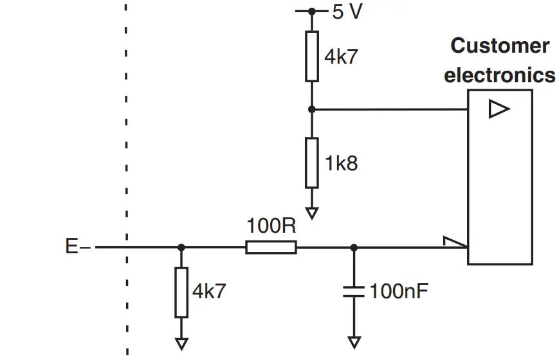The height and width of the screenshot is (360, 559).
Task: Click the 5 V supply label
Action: [x=347, y=12]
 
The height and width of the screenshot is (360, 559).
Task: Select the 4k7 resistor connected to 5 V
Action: [x=312, y=56]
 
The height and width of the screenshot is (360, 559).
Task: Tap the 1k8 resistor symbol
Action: [x=312, y=163]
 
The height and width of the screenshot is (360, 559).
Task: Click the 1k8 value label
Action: [x=341, y=163]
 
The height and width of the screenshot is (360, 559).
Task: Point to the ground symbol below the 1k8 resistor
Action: [x=312, y=212]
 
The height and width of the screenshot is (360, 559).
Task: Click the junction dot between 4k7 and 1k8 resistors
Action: [x=312, y=109]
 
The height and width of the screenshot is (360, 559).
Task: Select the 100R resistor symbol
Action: [x=271, y=247]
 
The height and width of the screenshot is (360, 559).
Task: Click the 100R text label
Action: [x=271, y=226]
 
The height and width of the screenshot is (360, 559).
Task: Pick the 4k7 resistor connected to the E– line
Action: [x=181, y=292]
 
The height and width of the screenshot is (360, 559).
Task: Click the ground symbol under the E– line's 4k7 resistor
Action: [x=181, y=343]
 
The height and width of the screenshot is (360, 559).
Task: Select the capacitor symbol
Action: [x=354, y=291]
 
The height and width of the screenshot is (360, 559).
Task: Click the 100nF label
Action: [x=399, y=291]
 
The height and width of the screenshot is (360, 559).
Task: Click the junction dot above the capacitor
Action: [x=354, y=247]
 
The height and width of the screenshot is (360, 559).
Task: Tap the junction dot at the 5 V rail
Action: [x=312, y=11]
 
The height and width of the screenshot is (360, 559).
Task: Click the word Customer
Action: [x=500, y=46]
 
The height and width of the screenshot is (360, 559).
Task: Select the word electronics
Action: [x=500, y=75]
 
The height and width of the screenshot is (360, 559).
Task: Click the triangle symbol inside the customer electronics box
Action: [x=499, y=109]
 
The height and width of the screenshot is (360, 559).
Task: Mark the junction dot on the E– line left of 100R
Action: [x=181, y=247]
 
